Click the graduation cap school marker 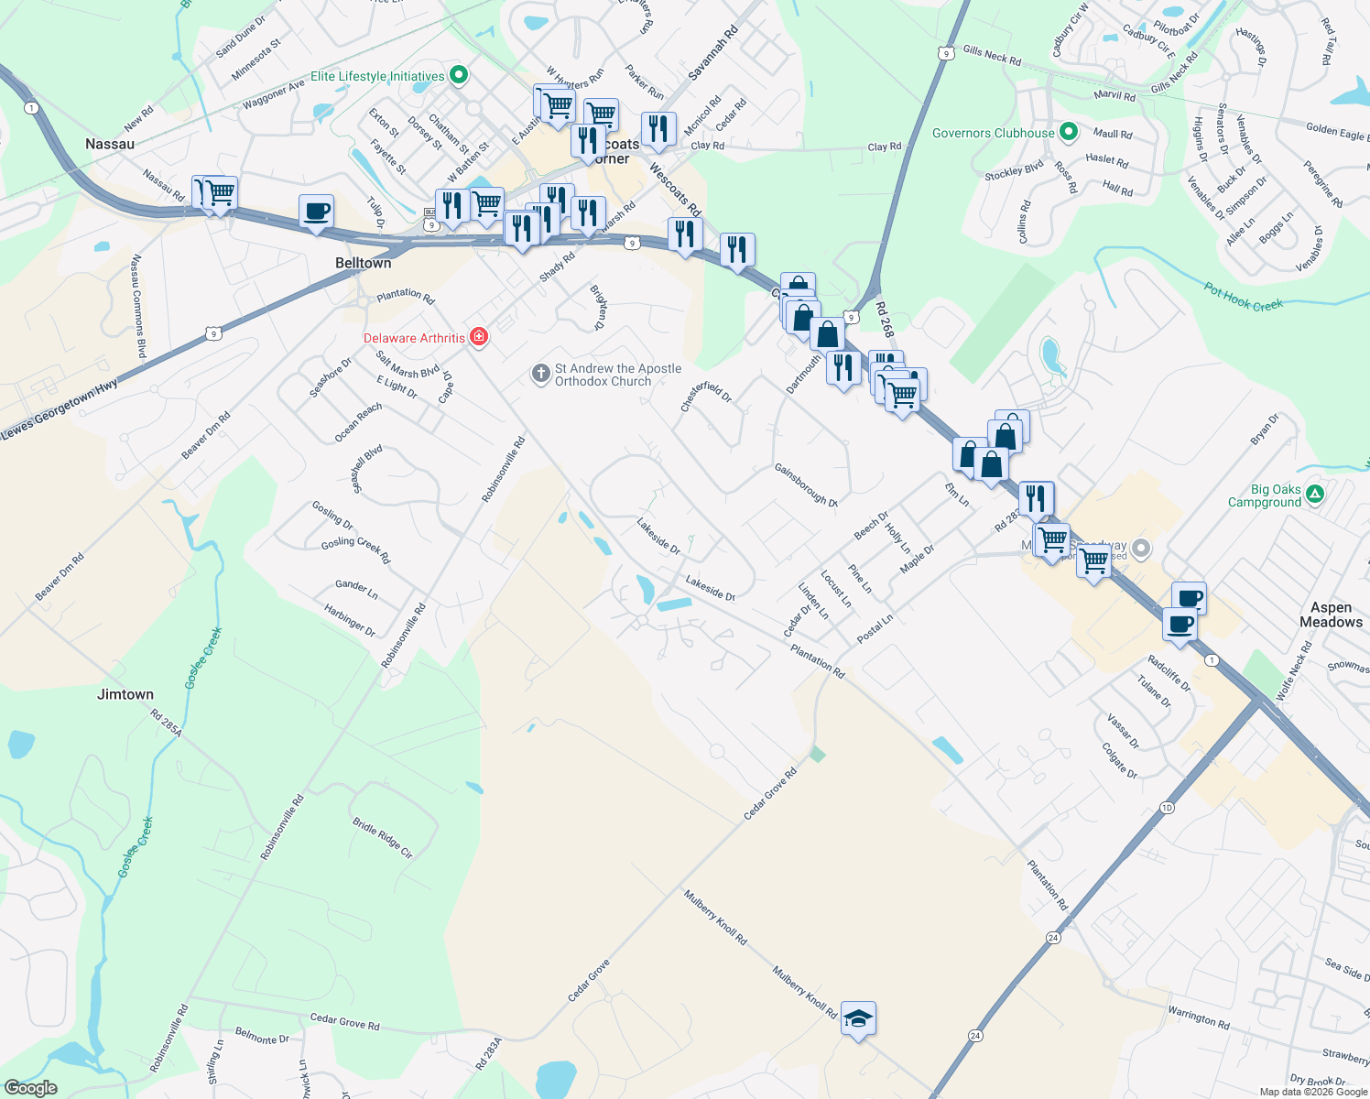pyautogui.click(x=858, y=1018)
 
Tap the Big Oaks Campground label pyautogui.click(x=1265, y=496)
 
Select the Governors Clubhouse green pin pyautogui.click(x=1068, y=133)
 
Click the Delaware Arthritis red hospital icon pyautogui.click(x=478, y=338)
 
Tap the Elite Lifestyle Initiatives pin pyautogui.click(x=460, y=76)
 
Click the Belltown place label pyautogui.click(x=363, y=263)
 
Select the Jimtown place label pyautogui.click(x=125, y=694)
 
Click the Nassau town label pyautogui.click(x=110, y=144)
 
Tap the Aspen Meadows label pyautogui.click(x=1331, y=615)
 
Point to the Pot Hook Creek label pyautogui.click(x=1244, y=298)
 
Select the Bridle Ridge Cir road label pyautogui.click(x=383, y=838)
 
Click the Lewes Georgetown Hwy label pyautogui.click(x=60, y=409)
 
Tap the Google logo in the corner pyautogui.click(x=30, y=1088)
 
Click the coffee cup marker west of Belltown pyautogui.click(x=316, y=212)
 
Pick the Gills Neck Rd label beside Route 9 pyautogui.click(x=991, y=55)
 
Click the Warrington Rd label pyautogui.click(x=1198, y=1017)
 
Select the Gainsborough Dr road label pyautogui.click(x=806, y=484)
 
